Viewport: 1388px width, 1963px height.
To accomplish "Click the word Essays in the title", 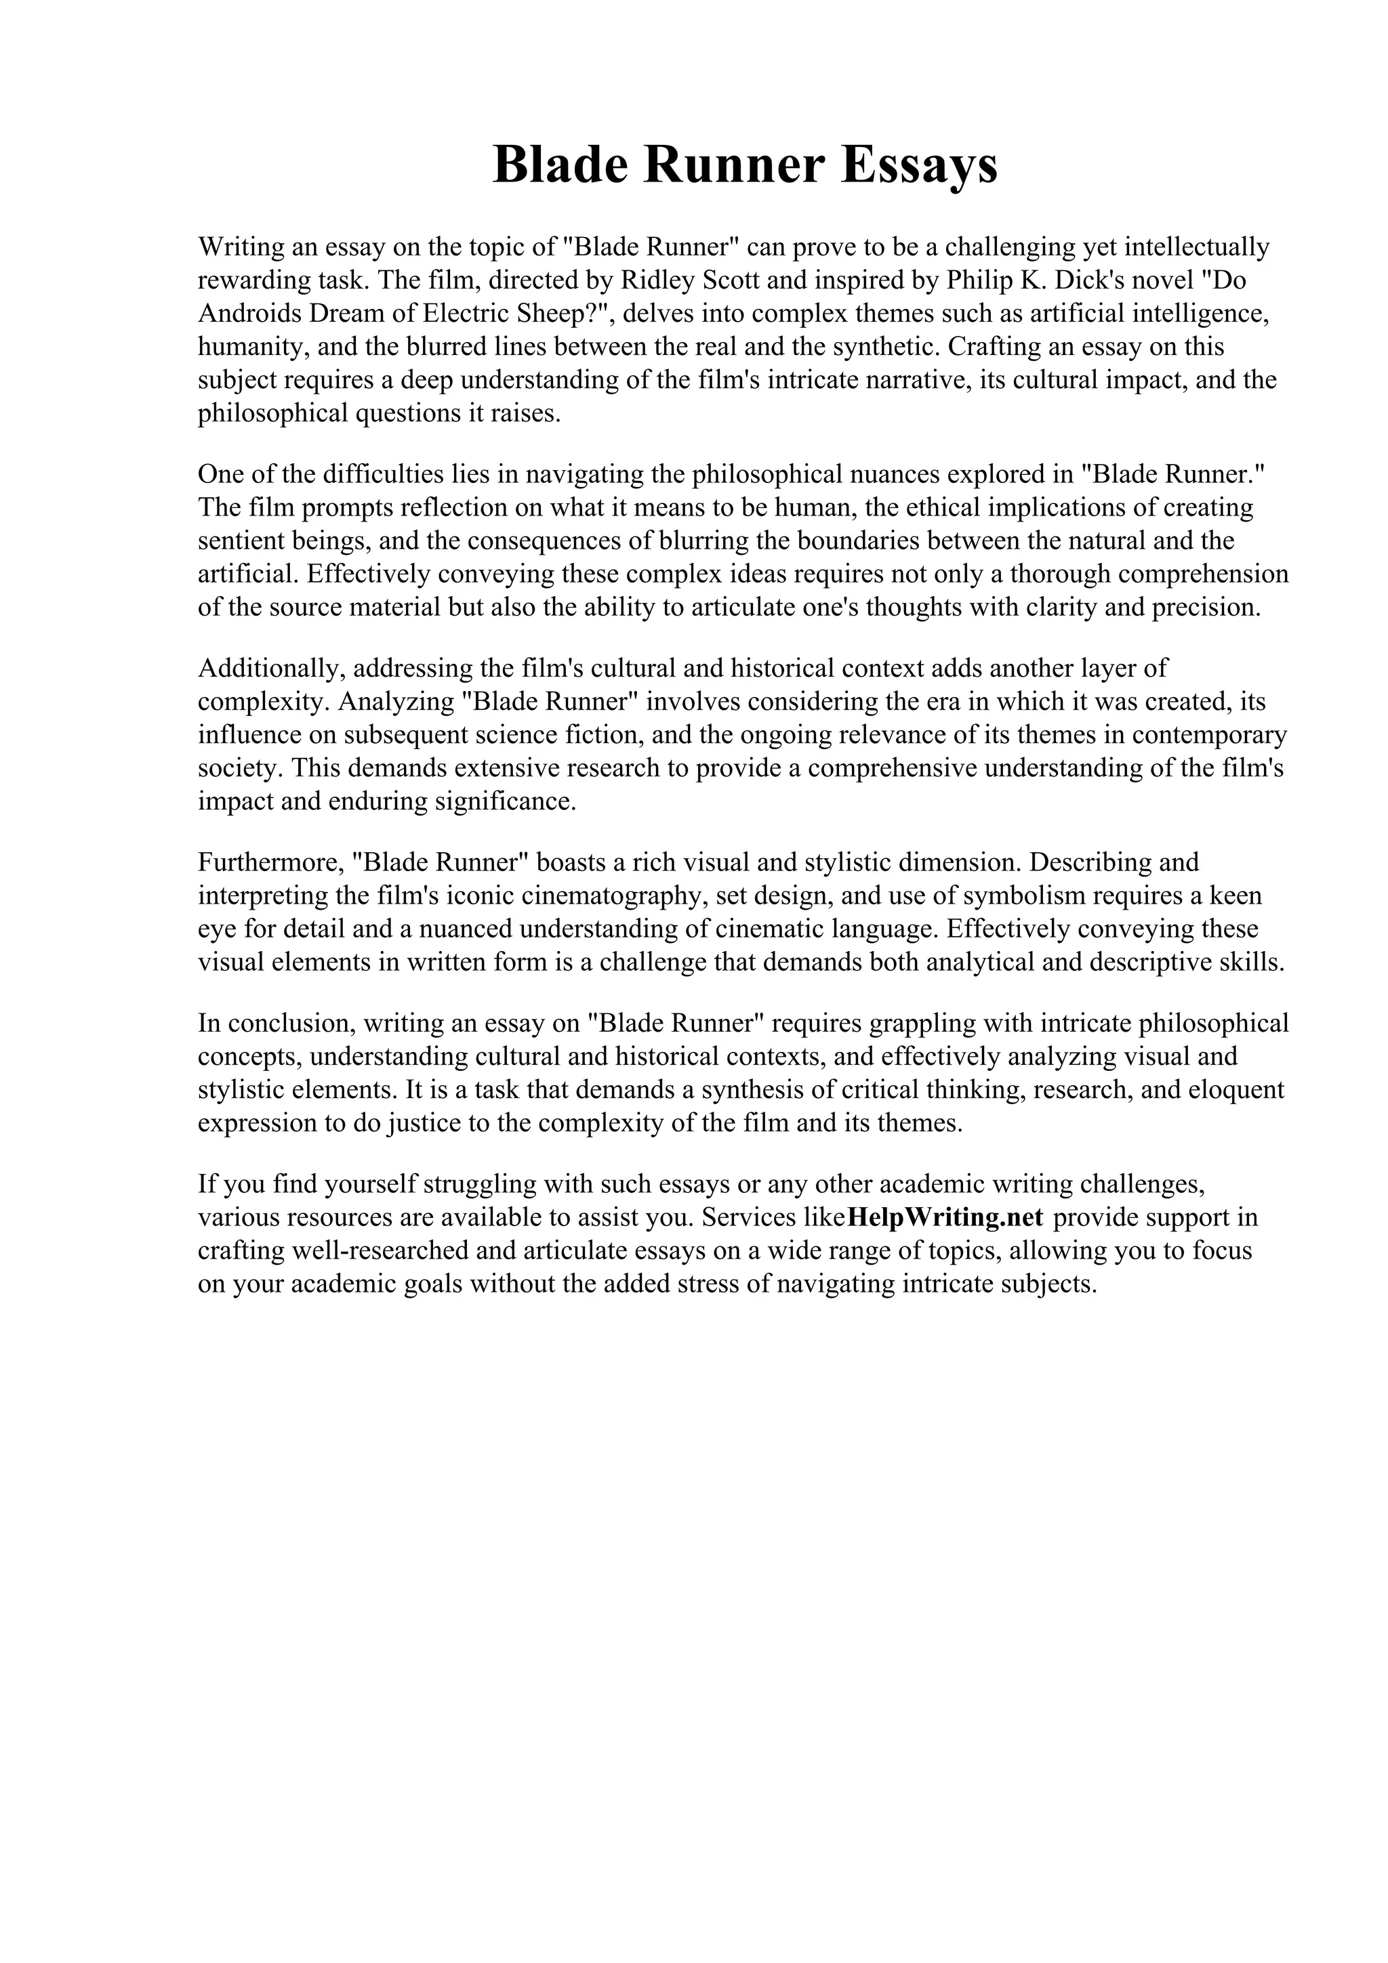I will pyautogui.click(x=920, y=165).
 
